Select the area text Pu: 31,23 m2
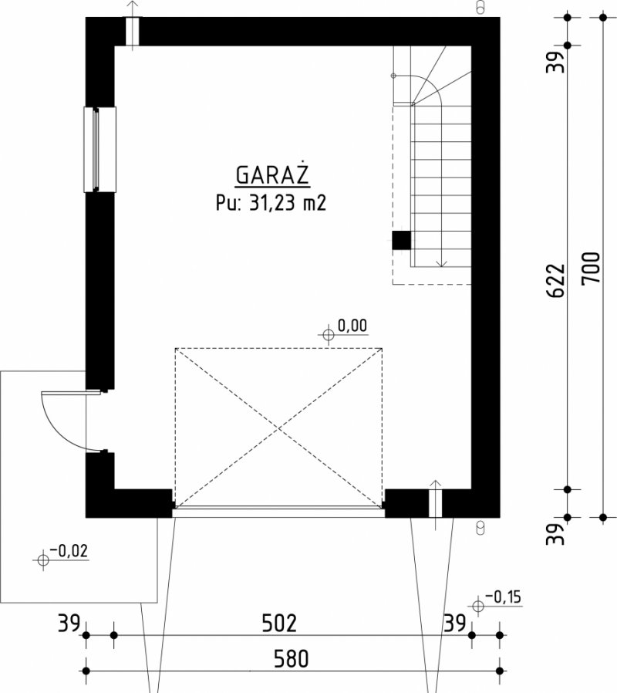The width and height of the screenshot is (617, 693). click(x=271, y=203)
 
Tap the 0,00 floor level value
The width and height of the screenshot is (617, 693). click(x=352, y=326)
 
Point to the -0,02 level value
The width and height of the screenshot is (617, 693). click(x=69, y=551)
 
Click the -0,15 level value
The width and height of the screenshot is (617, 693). click(x=503, y=597)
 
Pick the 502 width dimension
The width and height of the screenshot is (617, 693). click(x=279, y=624)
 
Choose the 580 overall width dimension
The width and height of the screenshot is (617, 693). click(x=291, y=658)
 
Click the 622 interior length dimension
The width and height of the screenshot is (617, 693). click(x=556, y=281)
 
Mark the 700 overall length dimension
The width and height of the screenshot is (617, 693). click(x=592, y=269)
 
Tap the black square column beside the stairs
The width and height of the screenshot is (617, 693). click(x=402, y=241)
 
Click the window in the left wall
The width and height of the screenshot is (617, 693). click(x=99, y=150)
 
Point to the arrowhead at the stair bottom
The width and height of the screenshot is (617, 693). click(x=441, y=263)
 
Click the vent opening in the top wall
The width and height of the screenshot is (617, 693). click(x=133, y=31)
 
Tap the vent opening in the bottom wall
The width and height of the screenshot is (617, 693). click(x=436, y=503)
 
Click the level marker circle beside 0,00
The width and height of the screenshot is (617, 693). click(x=329, y=335)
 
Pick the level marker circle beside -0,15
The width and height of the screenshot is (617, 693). click(x=478, y=606)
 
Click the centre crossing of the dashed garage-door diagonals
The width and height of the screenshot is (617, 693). click(x=278, y=428)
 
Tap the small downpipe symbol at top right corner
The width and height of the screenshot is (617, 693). click(x=480, y=7)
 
